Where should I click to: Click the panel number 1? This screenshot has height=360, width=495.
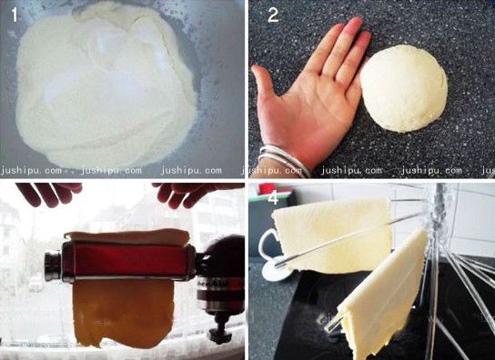click(x=15, y=15)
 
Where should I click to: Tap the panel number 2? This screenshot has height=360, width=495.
click(x=273, y=15)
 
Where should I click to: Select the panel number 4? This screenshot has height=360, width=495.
click(x=273, y=198)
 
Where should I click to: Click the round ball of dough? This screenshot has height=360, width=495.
click(x=404, y=89)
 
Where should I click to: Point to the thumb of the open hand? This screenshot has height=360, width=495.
click(x=265, y=83)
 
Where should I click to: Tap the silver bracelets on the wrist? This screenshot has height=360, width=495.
click(x=283, y=159)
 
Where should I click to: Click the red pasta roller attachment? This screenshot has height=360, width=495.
click(x=126, y=260)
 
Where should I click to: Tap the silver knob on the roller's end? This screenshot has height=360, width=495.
click(x=53, y=265)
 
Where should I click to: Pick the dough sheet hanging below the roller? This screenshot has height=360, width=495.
click(x=123, y=313)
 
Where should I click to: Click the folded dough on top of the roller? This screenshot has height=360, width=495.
click(x=126, y=237)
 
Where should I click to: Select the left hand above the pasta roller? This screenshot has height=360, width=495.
click(x=49, y=193)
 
